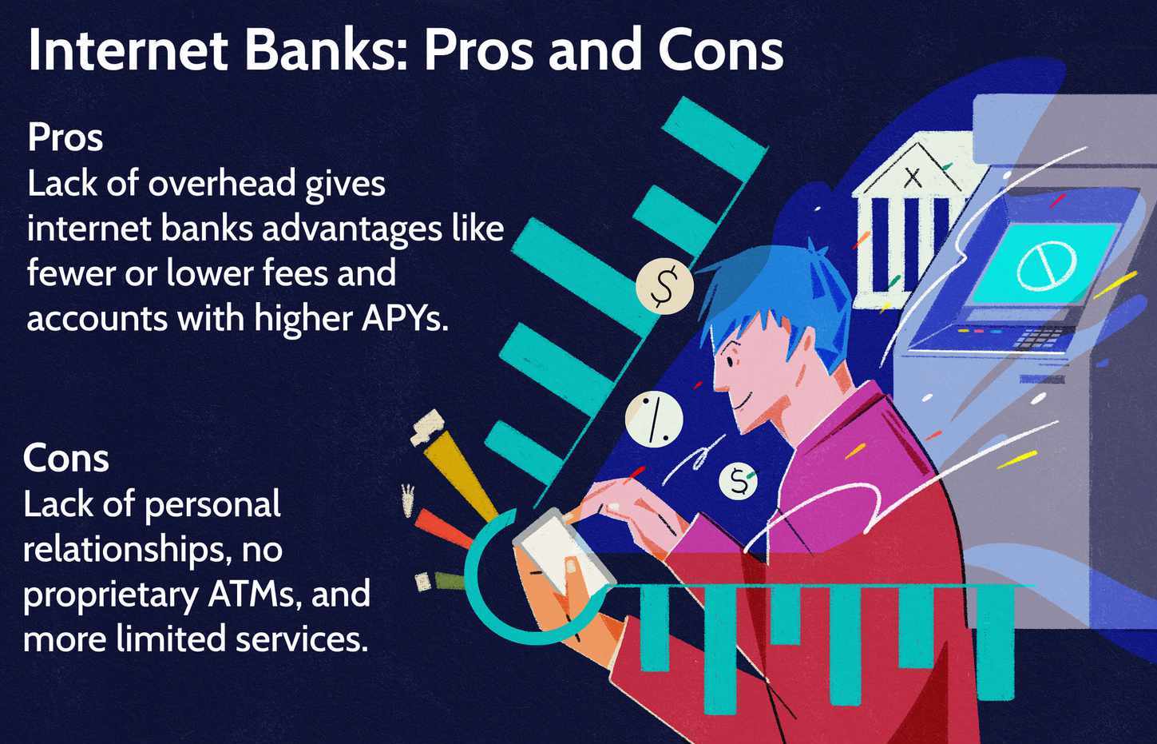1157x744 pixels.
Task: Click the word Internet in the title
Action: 128,50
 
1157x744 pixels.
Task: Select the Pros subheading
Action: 65,137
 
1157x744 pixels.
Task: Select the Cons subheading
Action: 65,459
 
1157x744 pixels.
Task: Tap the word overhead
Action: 222,184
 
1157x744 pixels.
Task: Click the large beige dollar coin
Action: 664,286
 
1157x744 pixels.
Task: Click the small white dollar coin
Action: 738,482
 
